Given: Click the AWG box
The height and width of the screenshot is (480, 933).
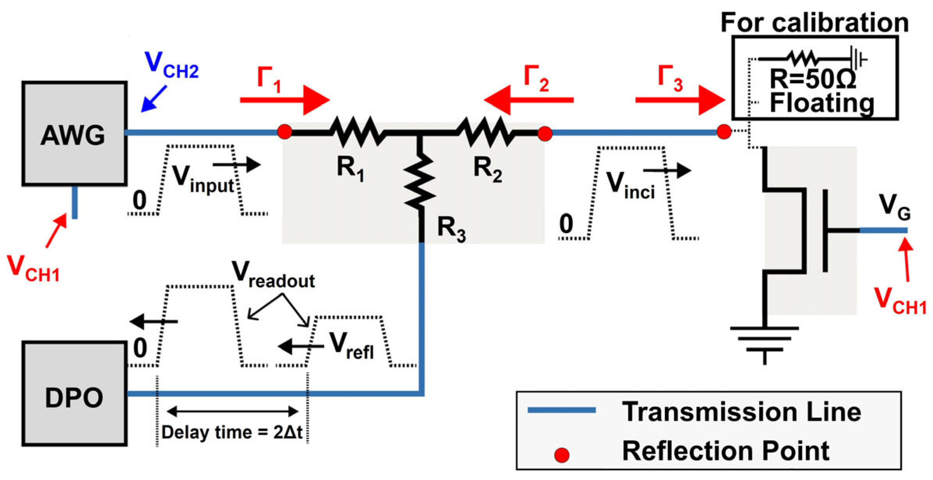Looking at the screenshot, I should (x=74, y=133).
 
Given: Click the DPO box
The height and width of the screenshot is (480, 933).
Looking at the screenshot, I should (x=74, y=394).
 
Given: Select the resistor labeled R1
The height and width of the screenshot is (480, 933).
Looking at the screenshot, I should (x=357, y=132).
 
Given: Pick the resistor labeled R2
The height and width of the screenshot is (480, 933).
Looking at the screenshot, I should (x=485, y=132).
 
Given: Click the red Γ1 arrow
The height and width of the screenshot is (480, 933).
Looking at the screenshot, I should (x=285, y=100).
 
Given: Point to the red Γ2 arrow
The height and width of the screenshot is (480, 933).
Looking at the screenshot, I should (x=528, y=100).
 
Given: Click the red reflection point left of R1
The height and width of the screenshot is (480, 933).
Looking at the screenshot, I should (x=285, y=132).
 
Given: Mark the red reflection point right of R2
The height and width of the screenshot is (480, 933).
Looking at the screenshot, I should (x=545, y=133).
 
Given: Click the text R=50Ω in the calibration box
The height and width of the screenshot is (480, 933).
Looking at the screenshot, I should (x=813, y=79).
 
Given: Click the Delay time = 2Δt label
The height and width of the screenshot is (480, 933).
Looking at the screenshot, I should (x=232, y=432).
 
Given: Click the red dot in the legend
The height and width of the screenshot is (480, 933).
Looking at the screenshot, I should (x=562, y=455).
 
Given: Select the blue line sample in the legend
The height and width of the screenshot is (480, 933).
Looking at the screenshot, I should (x=561, y=410).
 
